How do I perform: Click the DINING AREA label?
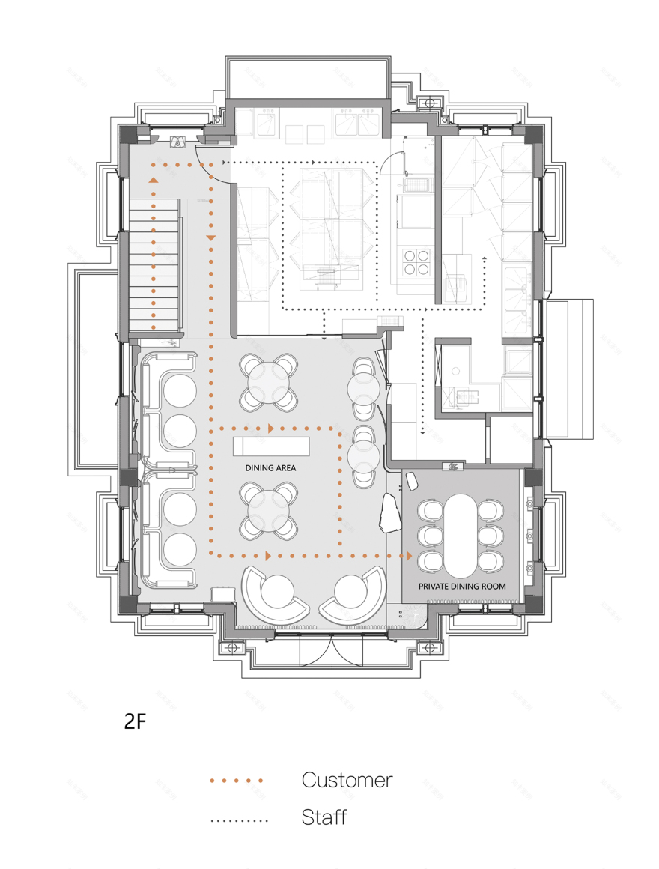pos(270,467)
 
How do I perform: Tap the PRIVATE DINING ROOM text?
pos(461,586)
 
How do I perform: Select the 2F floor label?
pos(134,722)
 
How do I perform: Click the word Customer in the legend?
pos(347,780)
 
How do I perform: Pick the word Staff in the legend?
pos(324,817)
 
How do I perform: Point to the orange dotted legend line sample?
pos(237,781)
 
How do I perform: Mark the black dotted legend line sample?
pos(239,820)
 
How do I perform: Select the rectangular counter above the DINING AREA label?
pos(270,446)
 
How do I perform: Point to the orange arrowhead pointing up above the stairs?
pos(154,180)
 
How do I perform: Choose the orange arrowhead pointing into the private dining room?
pos(408,556)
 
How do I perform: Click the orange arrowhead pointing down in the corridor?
pos(210,237)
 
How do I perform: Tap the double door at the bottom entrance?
pos(330,651)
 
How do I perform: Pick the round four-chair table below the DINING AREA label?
pos(269,509)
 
